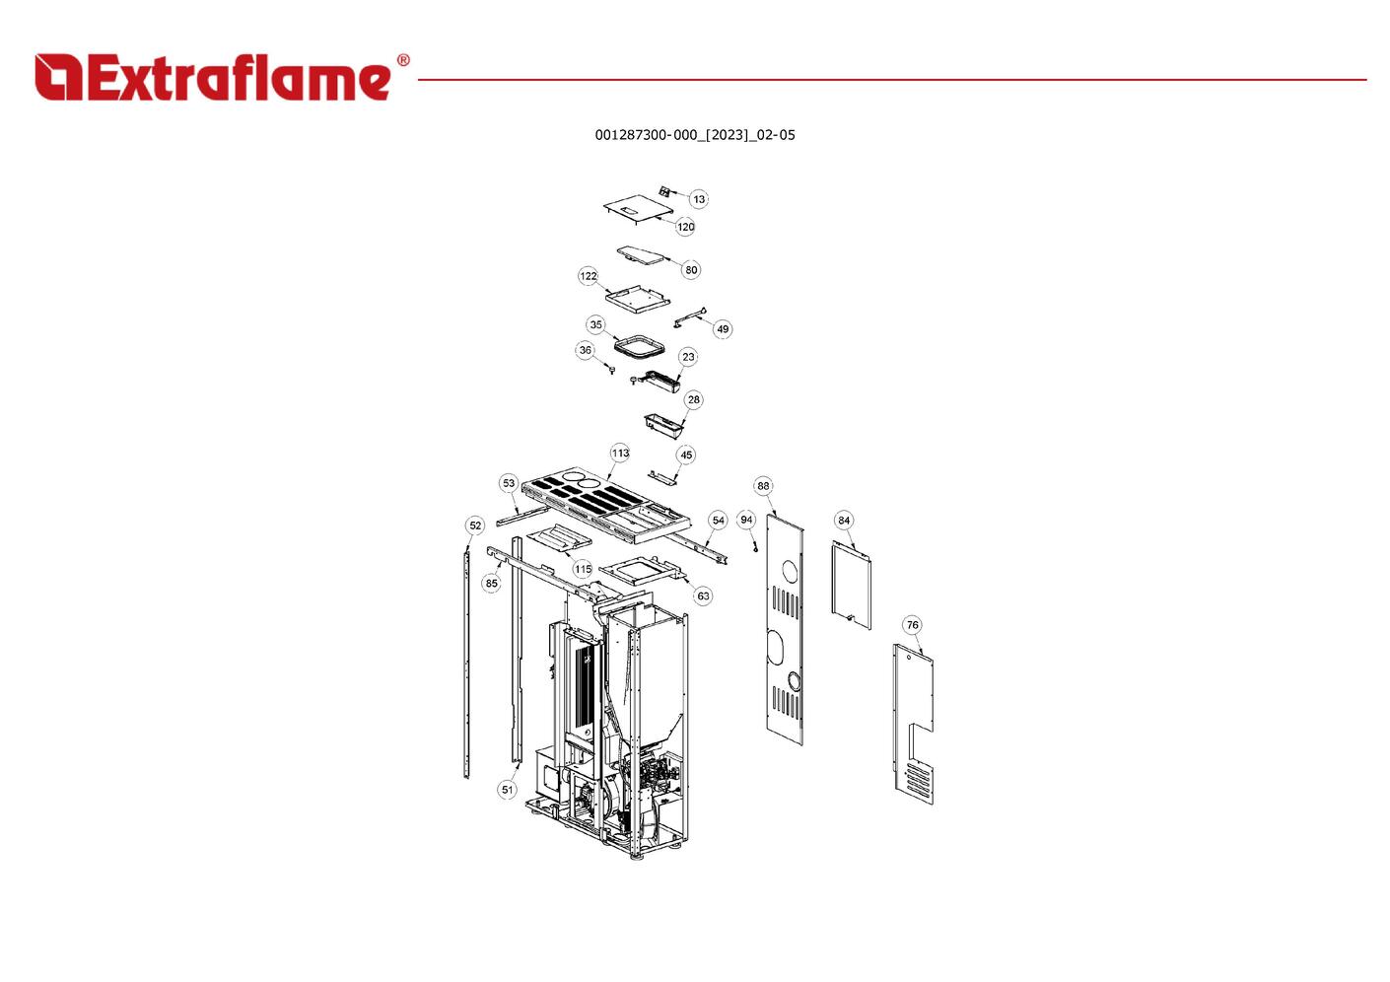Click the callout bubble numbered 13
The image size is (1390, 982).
[x=699, y=199]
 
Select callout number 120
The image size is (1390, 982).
[x=685, y=227]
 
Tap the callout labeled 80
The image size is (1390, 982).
[x=691, y=270]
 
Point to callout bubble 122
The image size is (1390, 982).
[x=588, y=276]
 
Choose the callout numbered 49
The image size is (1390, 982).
[x=723, y=329]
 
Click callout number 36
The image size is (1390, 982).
[x=586, y=350]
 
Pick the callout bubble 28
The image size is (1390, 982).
[x=694, y=399]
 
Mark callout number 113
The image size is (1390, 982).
[x=620, y=454]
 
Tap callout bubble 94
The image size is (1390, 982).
[x=746, y=520]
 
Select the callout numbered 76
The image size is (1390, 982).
[x=912, y=625]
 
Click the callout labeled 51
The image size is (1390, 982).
[x=508, y=790]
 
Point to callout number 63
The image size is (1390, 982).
[x=703, y=596]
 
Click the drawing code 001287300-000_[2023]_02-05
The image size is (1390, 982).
[x=695, y=135]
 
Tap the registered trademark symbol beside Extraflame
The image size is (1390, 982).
[x=403, y=60]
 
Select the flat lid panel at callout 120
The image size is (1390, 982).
[x=638, y=207]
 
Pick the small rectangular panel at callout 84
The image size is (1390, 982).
[x=852, y=585]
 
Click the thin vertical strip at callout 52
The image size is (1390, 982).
[x=467, y=662]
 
